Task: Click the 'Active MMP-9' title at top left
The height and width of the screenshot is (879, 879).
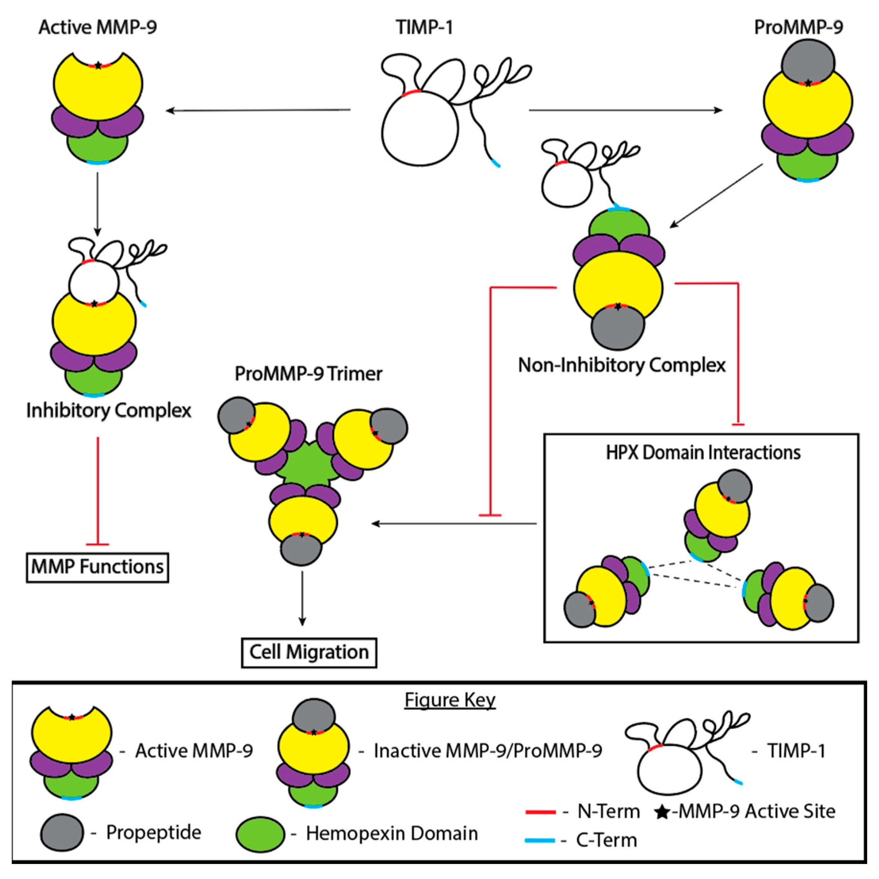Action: point(97,27)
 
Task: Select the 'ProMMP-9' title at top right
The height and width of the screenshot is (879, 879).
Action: point(798,27)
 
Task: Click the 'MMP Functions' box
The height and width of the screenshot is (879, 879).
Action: point(97,567)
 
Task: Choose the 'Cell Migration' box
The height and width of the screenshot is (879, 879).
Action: point(309,652)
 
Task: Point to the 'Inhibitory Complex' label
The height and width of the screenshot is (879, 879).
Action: point(108,410)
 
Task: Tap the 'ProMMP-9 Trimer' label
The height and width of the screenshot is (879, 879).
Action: point(308,374)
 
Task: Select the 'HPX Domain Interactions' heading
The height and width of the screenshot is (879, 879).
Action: point(703,453)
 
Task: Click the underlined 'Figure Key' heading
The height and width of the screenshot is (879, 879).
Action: point(449,700)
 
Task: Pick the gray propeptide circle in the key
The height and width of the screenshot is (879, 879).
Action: point(62,833)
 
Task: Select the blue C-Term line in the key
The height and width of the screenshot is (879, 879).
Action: point(540,840)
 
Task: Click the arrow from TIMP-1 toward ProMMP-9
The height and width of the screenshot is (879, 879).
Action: point(626,110)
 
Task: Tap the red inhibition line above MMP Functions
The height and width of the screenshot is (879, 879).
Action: point(98,491)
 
